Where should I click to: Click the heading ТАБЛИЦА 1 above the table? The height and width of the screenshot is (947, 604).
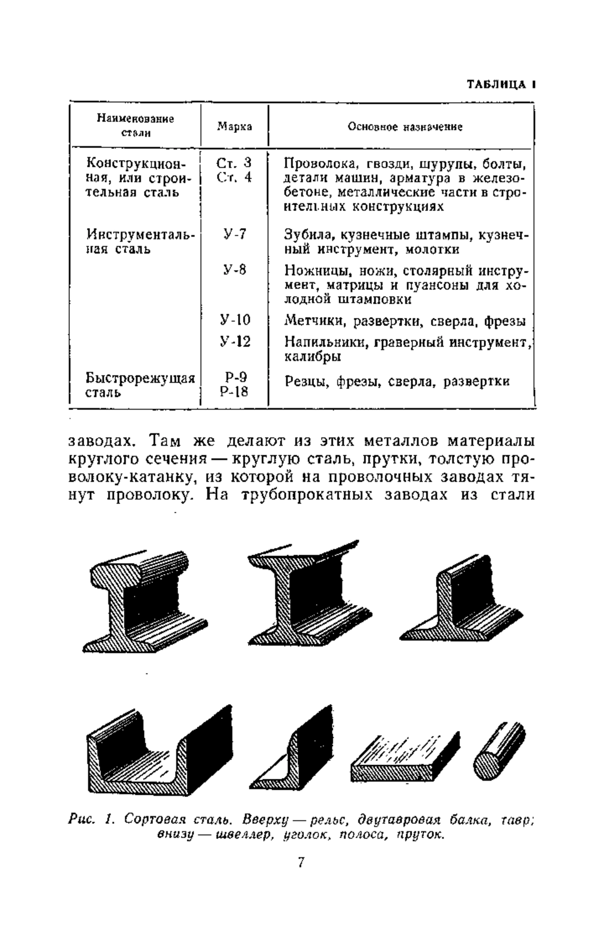click(500, 84)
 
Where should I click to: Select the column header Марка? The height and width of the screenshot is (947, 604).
click(235, 126)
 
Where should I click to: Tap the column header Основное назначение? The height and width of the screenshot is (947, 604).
click(405, 127)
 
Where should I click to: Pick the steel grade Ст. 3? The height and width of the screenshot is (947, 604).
click(234, 163)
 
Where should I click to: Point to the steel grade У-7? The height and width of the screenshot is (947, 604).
click(235, 234)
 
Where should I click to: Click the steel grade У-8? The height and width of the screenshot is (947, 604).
click(235, 270)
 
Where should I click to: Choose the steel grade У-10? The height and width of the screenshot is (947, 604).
click(235, 320)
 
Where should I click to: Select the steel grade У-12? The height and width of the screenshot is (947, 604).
click(235, 342)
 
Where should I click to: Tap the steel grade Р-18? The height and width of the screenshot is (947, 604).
click(235, 392)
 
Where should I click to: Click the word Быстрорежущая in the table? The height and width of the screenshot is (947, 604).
click(140, 378)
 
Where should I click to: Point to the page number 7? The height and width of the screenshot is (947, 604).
click(300, 876)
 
